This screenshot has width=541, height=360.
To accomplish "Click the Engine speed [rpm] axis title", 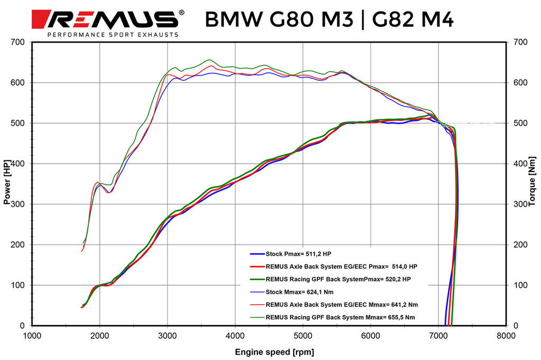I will (270, 352).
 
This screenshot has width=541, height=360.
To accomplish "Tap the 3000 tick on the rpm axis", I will (167, 335).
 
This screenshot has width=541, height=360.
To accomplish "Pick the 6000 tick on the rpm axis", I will (370, 335).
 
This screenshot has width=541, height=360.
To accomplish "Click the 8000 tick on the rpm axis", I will (506, 335).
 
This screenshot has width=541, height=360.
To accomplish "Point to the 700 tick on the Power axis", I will (21, 42).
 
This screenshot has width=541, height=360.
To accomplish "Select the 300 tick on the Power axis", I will (21, 204).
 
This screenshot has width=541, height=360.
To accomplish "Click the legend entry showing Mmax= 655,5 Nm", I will (341, 317).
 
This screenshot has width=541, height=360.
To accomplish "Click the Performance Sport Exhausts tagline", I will (113, 35).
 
